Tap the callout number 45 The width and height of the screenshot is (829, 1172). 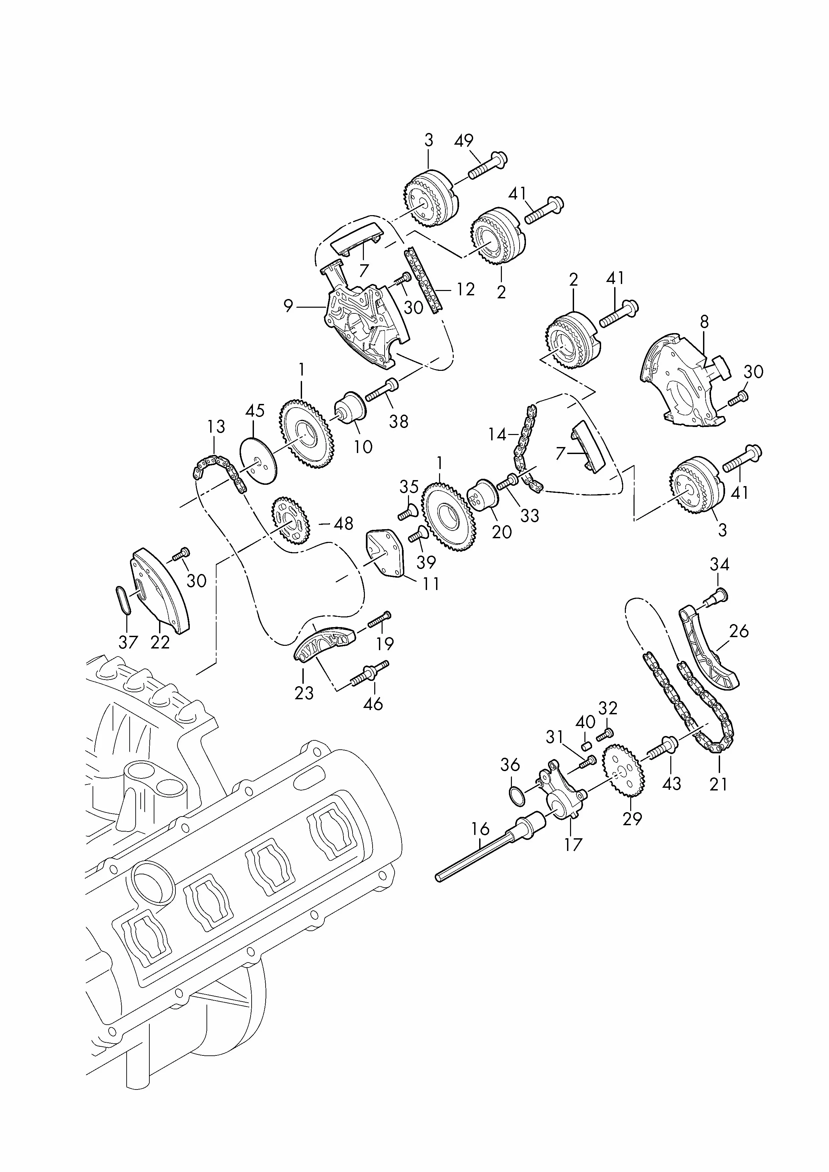(255, 410)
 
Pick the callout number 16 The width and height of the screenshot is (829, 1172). (480, 829)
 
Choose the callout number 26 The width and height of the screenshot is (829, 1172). (739, 631)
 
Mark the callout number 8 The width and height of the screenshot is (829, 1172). (704, 322)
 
